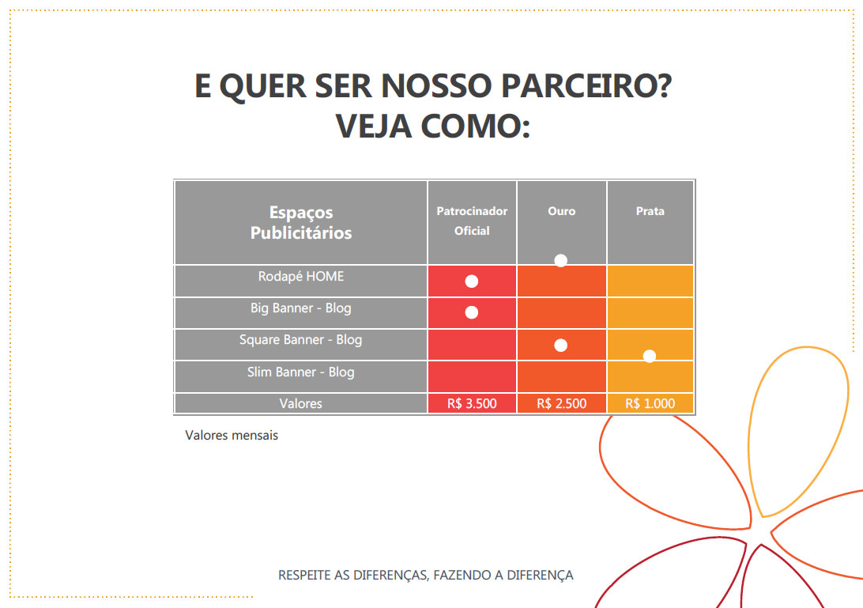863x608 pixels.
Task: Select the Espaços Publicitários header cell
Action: (x=301, y=222)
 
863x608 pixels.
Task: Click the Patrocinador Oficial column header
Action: (x=472, y=221)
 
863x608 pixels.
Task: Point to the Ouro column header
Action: (x=562, y=211)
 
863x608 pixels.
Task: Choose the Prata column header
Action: (x=650, y=211)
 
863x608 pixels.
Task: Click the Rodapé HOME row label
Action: (x=301, y=277)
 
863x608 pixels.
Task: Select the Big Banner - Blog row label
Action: (x=301, y=308)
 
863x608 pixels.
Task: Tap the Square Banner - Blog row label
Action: (x=301, y=339)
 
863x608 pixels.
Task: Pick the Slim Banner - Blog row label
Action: (x=301, y=372)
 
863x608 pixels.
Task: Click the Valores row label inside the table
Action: (x=301, y=403)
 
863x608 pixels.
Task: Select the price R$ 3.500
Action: (x=472, y=403)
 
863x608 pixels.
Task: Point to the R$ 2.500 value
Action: (x=562, y=403)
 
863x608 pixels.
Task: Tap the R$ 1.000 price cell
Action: (x=650, y=403)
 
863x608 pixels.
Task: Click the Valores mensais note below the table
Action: (x=232, y=435)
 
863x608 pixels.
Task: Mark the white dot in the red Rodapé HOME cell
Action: (x=472, y=281)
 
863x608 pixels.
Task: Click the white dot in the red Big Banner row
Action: (x=472, y=312)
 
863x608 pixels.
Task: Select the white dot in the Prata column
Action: (x=650, y=356)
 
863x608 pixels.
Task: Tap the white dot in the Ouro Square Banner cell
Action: (x=561, y=345)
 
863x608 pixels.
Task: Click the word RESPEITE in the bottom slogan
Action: (x=304, y=575)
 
